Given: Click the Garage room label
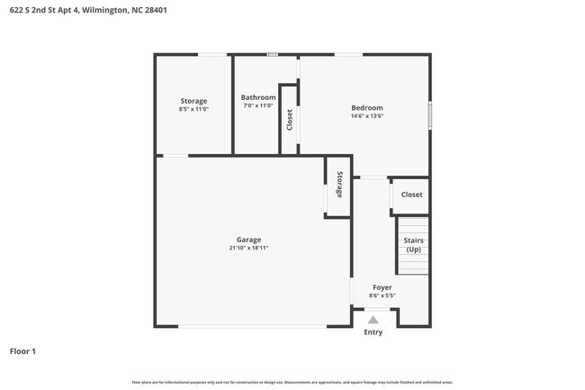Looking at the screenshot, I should tap(248, 240).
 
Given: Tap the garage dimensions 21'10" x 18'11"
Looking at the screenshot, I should tap(248, 248).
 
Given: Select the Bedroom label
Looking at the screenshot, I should tap(366, 108).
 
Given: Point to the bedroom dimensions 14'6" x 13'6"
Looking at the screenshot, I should tap(366, 116).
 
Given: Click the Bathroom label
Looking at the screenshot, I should tap(257, 97).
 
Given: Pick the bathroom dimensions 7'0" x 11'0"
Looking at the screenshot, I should tap(257, 105).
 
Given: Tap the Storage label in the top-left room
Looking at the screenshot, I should tap(193, 101).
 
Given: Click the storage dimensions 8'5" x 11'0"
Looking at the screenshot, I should tap(193, 109).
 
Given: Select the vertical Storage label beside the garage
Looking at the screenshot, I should tap(339, 185).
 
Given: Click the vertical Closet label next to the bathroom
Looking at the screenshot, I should tap(289, 120).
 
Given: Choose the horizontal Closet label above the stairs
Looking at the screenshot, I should tap(411, 195).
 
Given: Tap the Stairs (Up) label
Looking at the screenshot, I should tap(413, 244).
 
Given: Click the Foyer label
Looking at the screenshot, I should tap(382, 287).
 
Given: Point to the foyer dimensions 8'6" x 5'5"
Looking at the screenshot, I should tap(382, 295).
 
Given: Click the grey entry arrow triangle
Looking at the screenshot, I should tap(373, 319).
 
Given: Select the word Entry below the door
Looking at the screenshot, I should tap(373, 332).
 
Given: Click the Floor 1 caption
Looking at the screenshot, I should tap(22, 351).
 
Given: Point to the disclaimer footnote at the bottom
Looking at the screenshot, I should tap(292, 382).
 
